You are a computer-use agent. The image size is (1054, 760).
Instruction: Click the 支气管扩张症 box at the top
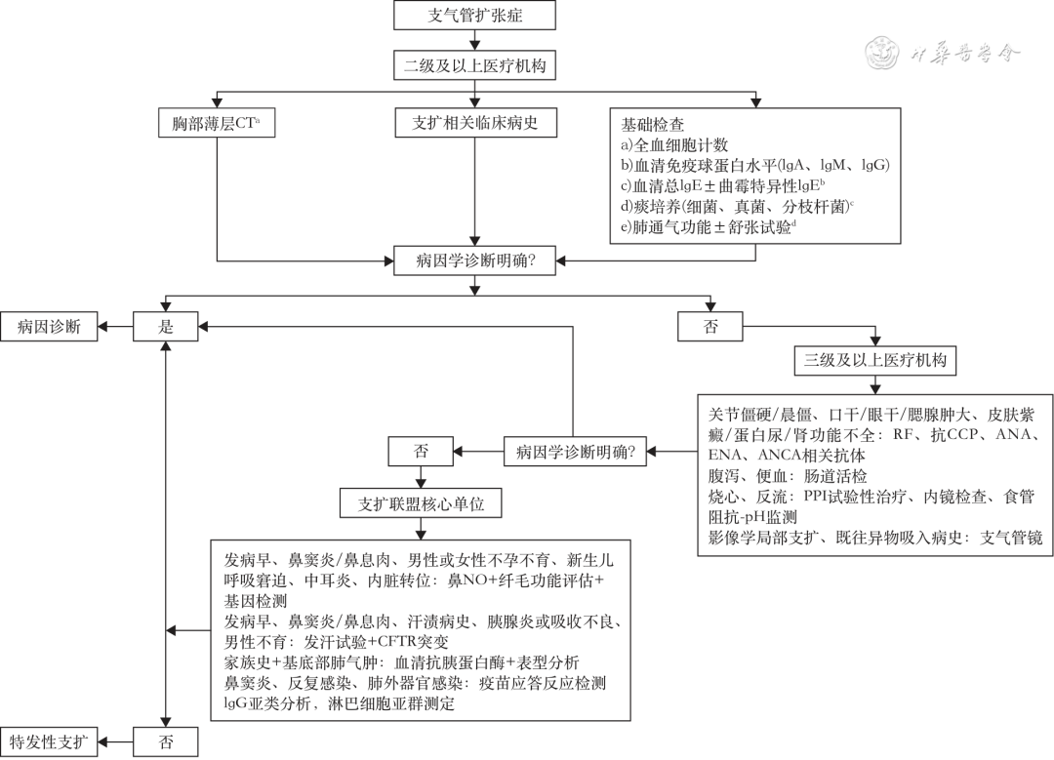point(476,16)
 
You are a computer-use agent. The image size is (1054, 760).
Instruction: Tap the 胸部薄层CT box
point(217,124)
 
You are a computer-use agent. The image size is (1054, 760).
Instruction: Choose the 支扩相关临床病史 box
point(475,124)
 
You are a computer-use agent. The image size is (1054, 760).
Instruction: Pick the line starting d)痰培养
point(737,206)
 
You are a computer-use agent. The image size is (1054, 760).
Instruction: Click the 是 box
point(166,327)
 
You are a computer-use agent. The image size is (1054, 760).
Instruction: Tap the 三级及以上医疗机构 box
point(874,360)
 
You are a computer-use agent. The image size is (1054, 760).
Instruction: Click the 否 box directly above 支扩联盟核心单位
point(421,451)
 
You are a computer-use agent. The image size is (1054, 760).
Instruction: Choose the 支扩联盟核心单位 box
point(421,504)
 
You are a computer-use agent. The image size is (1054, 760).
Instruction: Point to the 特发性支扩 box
point(49,741)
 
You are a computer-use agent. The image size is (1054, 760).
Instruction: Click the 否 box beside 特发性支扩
point(166,741)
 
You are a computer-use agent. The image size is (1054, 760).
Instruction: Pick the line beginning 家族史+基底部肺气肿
point(401,662)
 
